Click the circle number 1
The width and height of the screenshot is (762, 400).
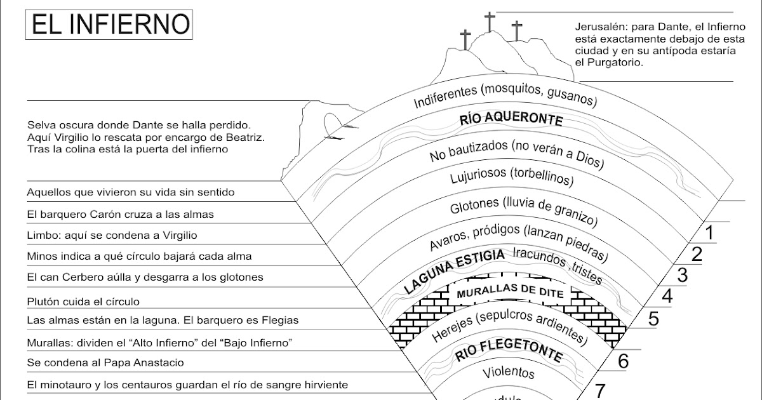[710, 232]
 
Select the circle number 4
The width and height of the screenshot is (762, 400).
[667, 296]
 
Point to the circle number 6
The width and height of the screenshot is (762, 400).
[623, 361]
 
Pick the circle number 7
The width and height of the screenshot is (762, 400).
[601, 389]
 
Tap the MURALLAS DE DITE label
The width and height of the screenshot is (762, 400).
[501, 292]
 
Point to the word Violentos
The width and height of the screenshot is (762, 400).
[508, 372]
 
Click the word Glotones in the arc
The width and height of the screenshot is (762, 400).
[473, 208]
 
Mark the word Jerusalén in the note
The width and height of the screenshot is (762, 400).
[603, 28]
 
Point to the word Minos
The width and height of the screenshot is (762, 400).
[43, 257]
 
